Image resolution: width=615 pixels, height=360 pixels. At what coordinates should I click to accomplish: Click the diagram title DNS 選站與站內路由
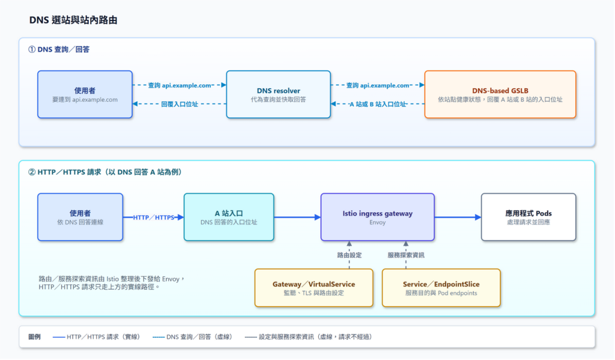coord(73,20)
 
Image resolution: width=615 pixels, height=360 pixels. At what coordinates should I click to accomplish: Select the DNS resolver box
coord(279,94)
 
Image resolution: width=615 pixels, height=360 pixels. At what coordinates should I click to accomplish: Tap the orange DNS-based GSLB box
coord(500,94)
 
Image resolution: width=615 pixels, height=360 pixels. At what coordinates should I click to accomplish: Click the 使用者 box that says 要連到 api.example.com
coord(85,94)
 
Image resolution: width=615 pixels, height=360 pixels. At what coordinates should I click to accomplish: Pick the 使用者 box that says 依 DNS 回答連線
coord(80,217)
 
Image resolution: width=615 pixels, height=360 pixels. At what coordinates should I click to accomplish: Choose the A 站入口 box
coord(229,217)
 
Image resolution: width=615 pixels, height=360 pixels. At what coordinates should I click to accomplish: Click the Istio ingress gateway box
coord(377,217)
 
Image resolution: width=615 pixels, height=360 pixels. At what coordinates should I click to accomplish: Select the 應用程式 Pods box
coord(529,217)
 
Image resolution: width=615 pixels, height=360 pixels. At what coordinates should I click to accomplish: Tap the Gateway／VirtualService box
coord(314,288)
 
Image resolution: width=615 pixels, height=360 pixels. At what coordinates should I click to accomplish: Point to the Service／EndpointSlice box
coord(441,288)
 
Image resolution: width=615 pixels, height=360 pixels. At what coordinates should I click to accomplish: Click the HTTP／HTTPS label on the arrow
coord(153,218)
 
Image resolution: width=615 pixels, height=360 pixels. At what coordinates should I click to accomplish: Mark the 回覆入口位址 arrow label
coord(180,104)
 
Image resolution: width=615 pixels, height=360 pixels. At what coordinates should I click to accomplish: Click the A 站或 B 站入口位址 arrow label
coord(378,104)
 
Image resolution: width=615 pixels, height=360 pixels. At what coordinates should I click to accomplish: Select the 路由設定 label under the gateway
coord(350,255)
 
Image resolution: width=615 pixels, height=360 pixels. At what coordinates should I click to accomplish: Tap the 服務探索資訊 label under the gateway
coord(406,255)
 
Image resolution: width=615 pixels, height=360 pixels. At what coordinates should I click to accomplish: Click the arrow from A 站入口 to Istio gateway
coord(297,217)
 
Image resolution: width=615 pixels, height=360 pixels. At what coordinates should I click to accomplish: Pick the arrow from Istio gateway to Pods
coord(458,217)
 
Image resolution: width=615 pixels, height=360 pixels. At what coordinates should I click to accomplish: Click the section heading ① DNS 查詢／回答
coord(59,49)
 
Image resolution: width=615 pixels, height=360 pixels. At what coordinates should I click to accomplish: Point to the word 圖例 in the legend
coord(34,337)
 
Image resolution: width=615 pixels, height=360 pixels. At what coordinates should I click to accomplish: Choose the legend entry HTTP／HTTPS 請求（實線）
coord(97,337)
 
